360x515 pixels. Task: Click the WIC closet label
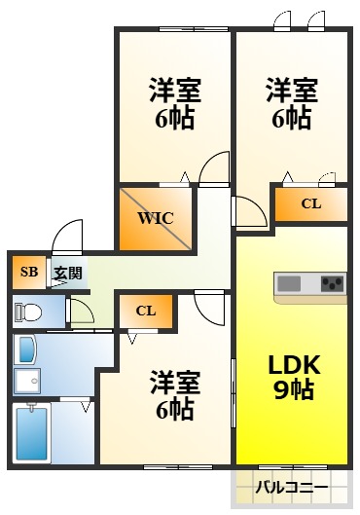click(156, 218)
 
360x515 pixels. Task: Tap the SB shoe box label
click(28, 272)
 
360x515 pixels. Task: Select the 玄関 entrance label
click(67, 273)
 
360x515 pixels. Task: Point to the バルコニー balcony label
click(291, 485)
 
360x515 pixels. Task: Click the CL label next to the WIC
click(310, 203)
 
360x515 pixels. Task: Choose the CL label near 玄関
click(146, 312)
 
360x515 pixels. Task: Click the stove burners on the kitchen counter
click(332, 284)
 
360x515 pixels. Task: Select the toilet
click(29, 313)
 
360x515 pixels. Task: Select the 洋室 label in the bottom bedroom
click(174, 381)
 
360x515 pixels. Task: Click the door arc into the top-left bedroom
click(213, 170)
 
